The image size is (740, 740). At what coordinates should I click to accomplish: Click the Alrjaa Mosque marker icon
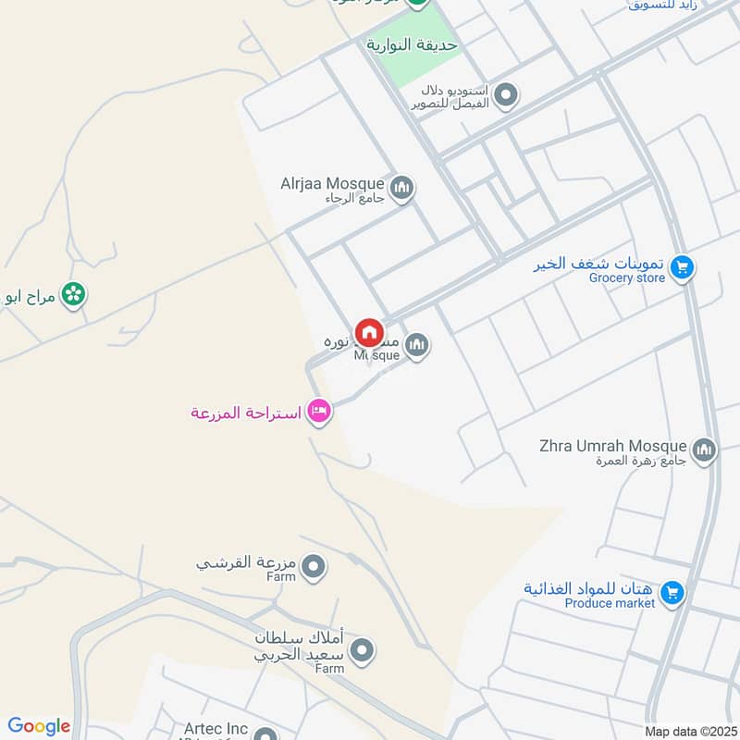tap(401, 190)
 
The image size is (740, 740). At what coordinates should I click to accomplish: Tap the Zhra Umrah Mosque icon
tap(704, 450)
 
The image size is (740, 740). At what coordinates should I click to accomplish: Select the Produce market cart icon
tap(672, 592)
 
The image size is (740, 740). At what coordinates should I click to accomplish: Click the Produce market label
tap(610, 603)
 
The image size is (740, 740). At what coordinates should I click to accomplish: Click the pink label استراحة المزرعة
tap(246, 413)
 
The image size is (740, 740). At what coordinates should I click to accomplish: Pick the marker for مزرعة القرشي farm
tap(314, 565)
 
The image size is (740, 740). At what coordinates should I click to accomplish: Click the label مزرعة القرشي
tap(246, 561)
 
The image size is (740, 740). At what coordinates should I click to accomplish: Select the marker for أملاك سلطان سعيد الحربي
tap(363, 650)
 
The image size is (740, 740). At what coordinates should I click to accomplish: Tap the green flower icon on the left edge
tap(72, 295)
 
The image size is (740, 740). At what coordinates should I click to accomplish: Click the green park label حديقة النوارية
tap(413, 44)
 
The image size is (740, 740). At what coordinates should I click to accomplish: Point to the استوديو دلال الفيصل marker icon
tap(505, 95)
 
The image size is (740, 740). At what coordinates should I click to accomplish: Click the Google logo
tap(39, 726)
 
